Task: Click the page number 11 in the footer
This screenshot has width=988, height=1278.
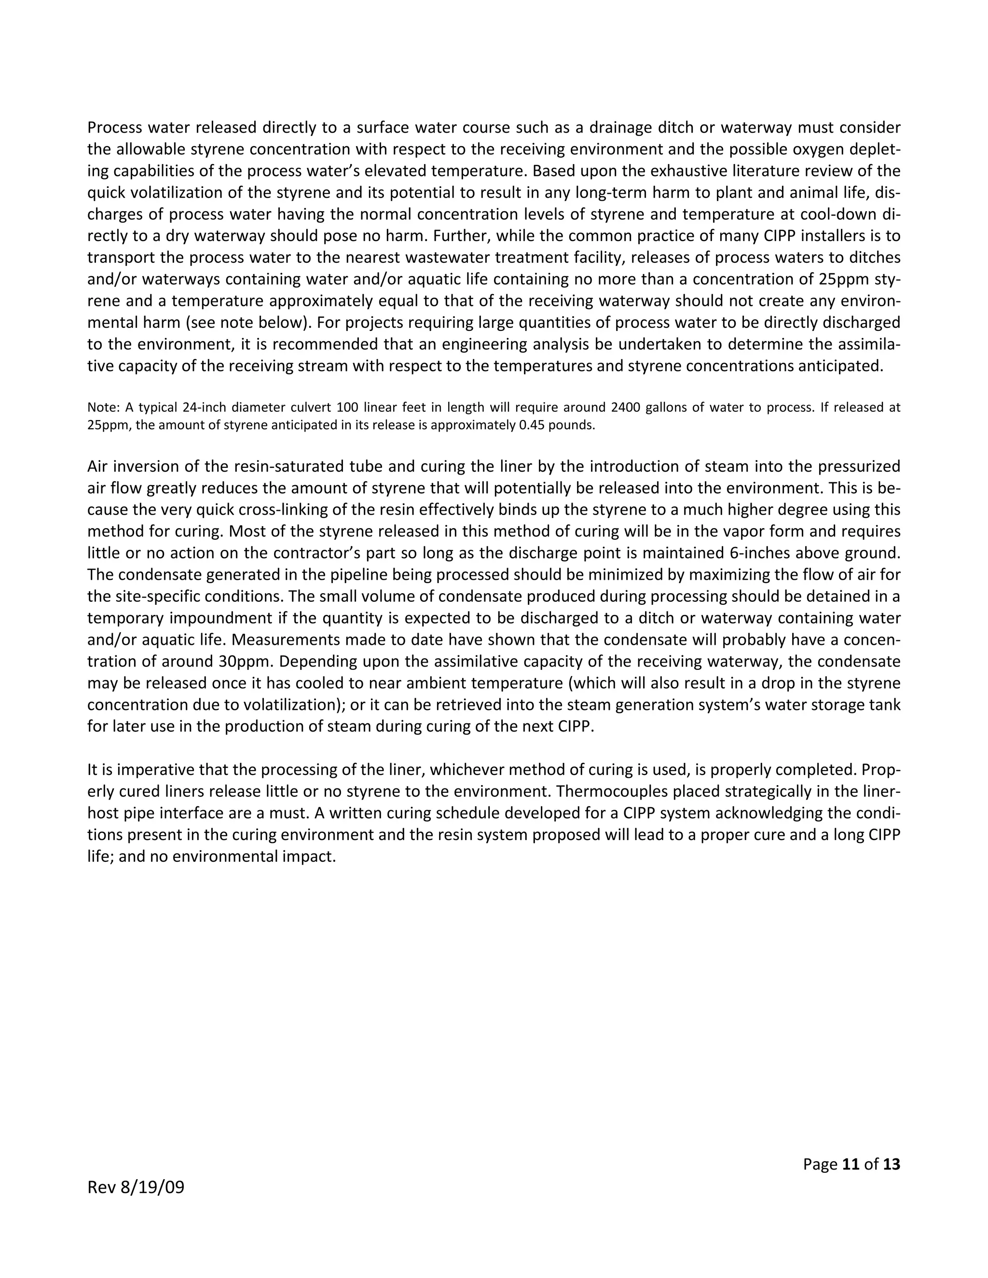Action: click(851, 1164)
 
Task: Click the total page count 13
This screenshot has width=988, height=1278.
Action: click(892, 1164)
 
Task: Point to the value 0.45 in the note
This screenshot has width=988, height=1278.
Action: click(533, 425)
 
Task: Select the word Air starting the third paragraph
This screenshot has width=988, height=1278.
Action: click(98, 467)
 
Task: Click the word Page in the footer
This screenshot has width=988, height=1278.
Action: click(820, 1164)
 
